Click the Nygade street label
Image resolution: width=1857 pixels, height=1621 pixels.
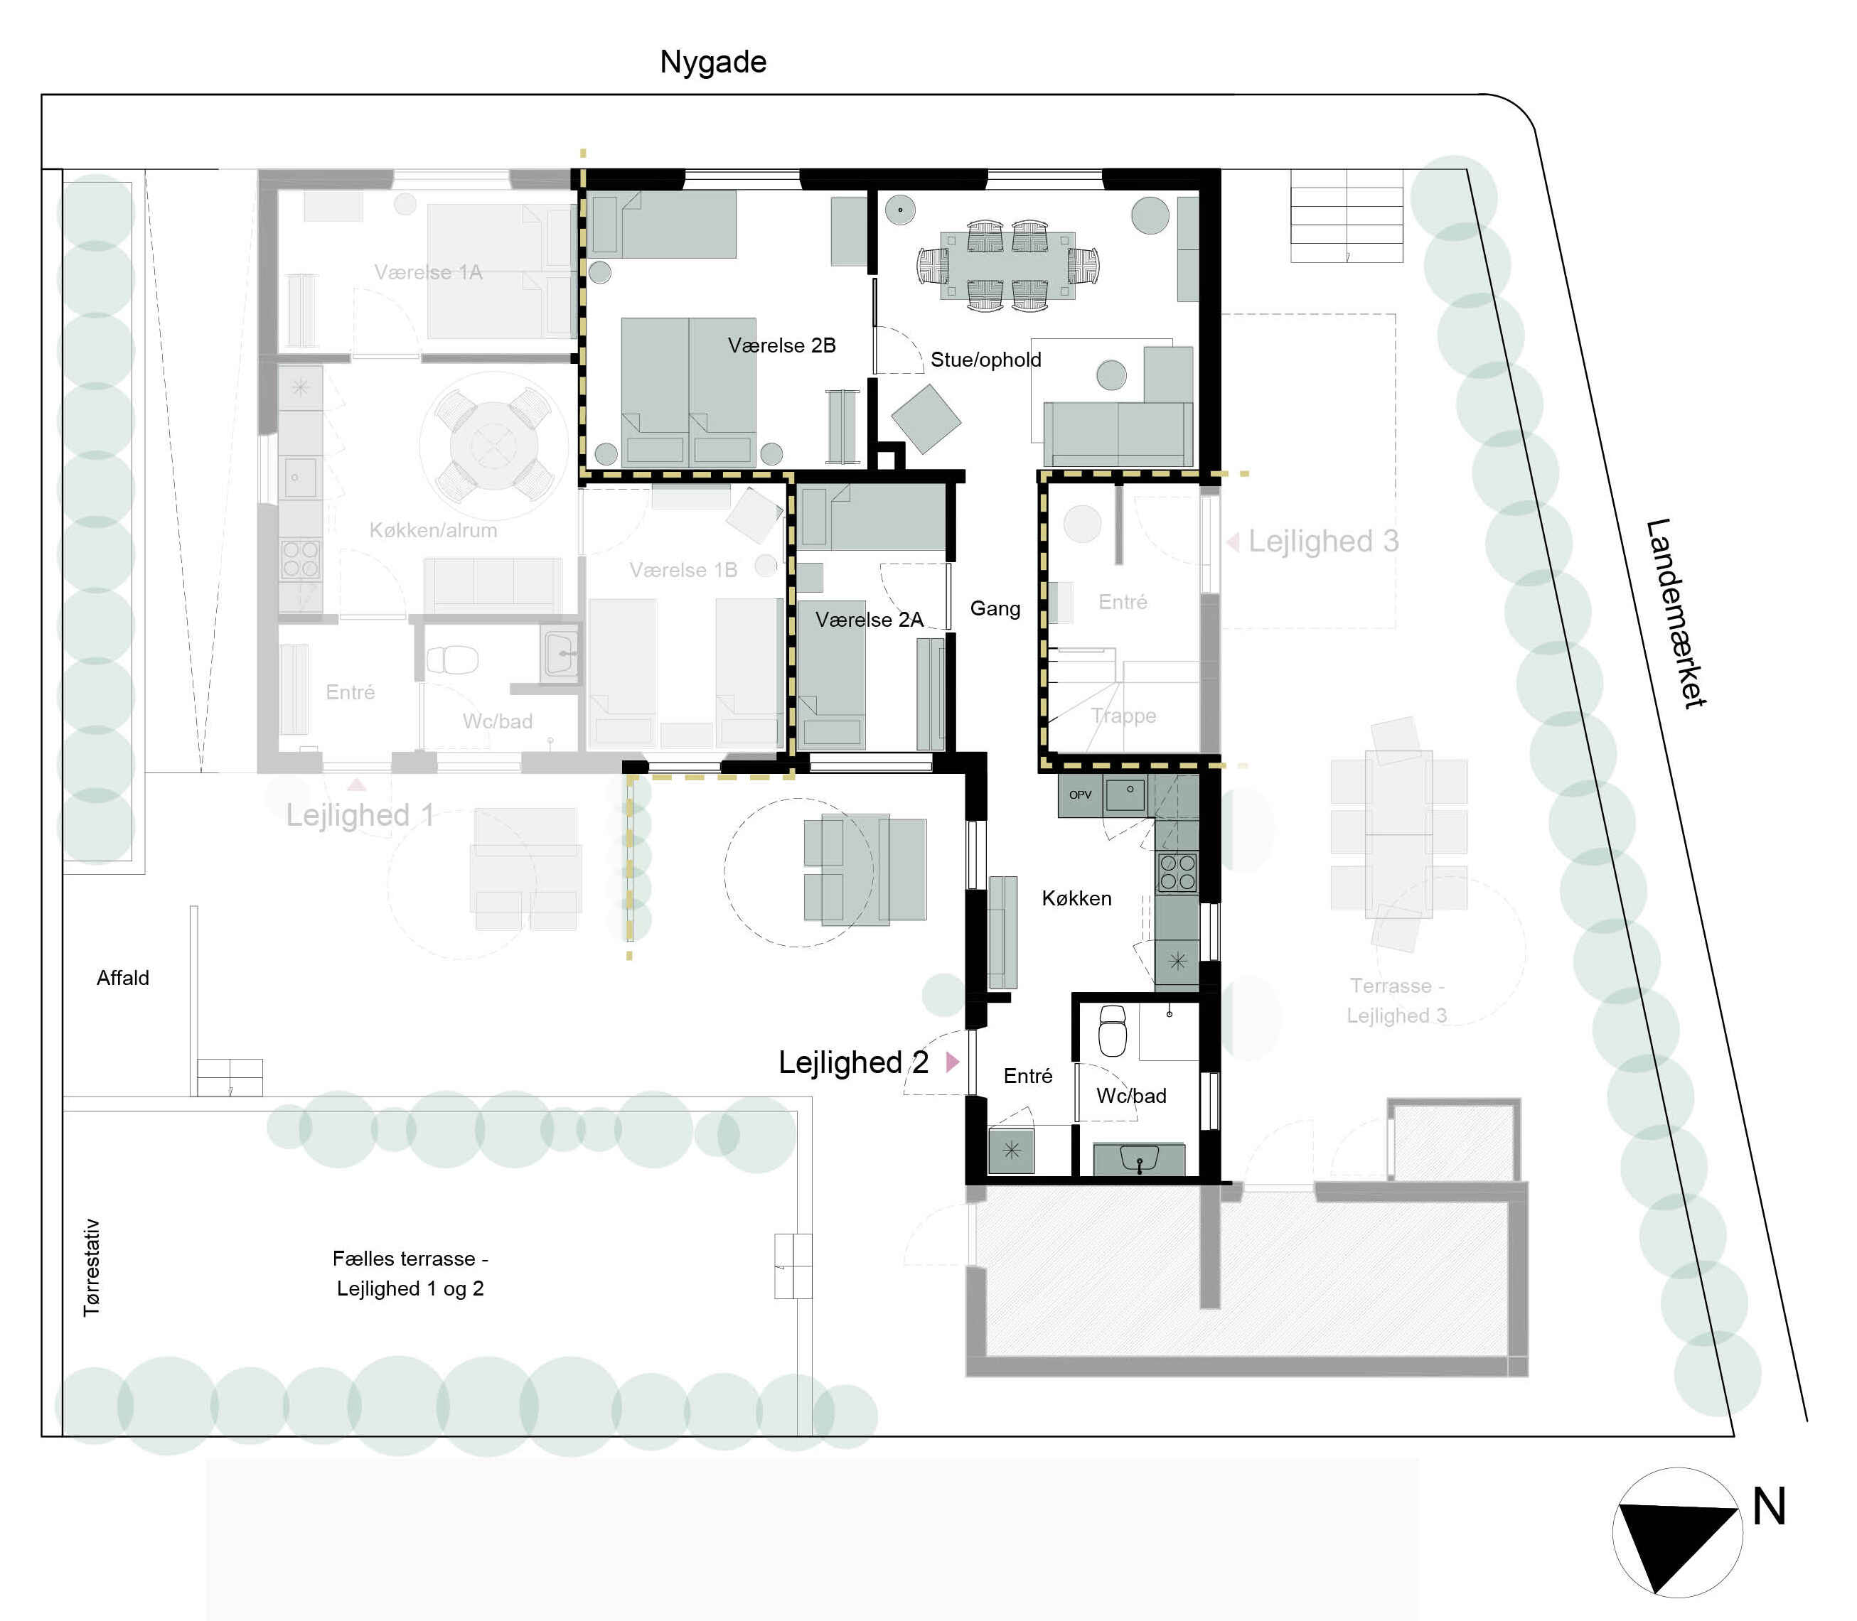tap(713, 62)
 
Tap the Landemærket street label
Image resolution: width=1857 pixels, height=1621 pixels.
tap(1675, 613)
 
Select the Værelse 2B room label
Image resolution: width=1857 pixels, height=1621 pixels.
tap(782, 345)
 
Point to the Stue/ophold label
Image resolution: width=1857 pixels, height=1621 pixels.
tap(985, 360)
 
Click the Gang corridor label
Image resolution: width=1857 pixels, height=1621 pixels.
tap(995, 609)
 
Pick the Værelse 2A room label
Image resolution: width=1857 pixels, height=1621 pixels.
tap(869, 620)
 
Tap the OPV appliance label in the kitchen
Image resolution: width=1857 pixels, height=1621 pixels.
tap(1080, 795)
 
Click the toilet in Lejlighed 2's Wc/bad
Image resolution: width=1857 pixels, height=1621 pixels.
tap(1112, 1030)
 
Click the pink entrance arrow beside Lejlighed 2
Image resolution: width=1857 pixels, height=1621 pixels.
tap(952, 1062)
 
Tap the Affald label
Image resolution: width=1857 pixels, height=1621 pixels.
tap(123, 978)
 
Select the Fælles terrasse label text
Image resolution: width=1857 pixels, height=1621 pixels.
tap(410, 1273)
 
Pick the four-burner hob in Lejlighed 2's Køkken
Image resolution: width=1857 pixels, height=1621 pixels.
tap(1177, 872)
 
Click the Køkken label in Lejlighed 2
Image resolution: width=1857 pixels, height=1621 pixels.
tap(1076, 898)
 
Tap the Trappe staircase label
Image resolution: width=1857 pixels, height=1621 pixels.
tap(1123, 716)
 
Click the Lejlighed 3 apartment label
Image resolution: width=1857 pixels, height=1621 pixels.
tap(1323, 541)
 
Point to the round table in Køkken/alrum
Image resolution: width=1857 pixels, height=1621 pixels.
tap(494, 445)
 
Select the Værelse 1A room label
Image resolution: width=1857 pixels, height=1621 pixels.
tap(428, 272)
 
